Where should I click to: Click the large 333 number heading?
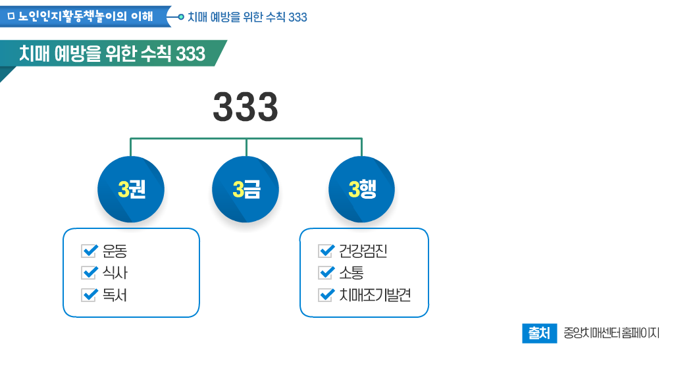[246, 107]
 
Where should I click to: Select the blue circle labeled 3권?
[131, 189]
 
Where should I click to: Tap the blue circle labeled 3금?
[246, 189]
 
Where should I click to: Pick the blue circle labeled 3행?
[361, 189]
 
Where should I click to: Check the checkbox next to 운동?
[88, 251]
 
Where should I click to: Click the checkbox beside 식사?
[88, 272]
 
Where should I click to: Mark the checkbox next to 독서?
[88, 295]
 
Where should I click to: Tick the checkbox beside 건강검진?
[325, 251]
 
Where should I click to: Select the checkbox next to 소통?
[325, 272]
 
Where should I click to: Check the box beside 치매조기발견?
[325, 295]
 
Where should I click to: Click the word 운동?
[115, 251]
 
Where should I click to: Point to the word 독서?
[115, 295]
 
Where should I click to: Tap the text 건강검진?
[363, 251]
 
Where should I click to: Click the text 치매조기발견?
[375, 295]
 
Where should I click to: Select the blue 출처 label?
[539, 333]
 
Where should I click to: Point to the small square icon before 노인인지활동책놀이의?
[11, 16]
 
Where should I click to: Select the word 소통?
[351, 273]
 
